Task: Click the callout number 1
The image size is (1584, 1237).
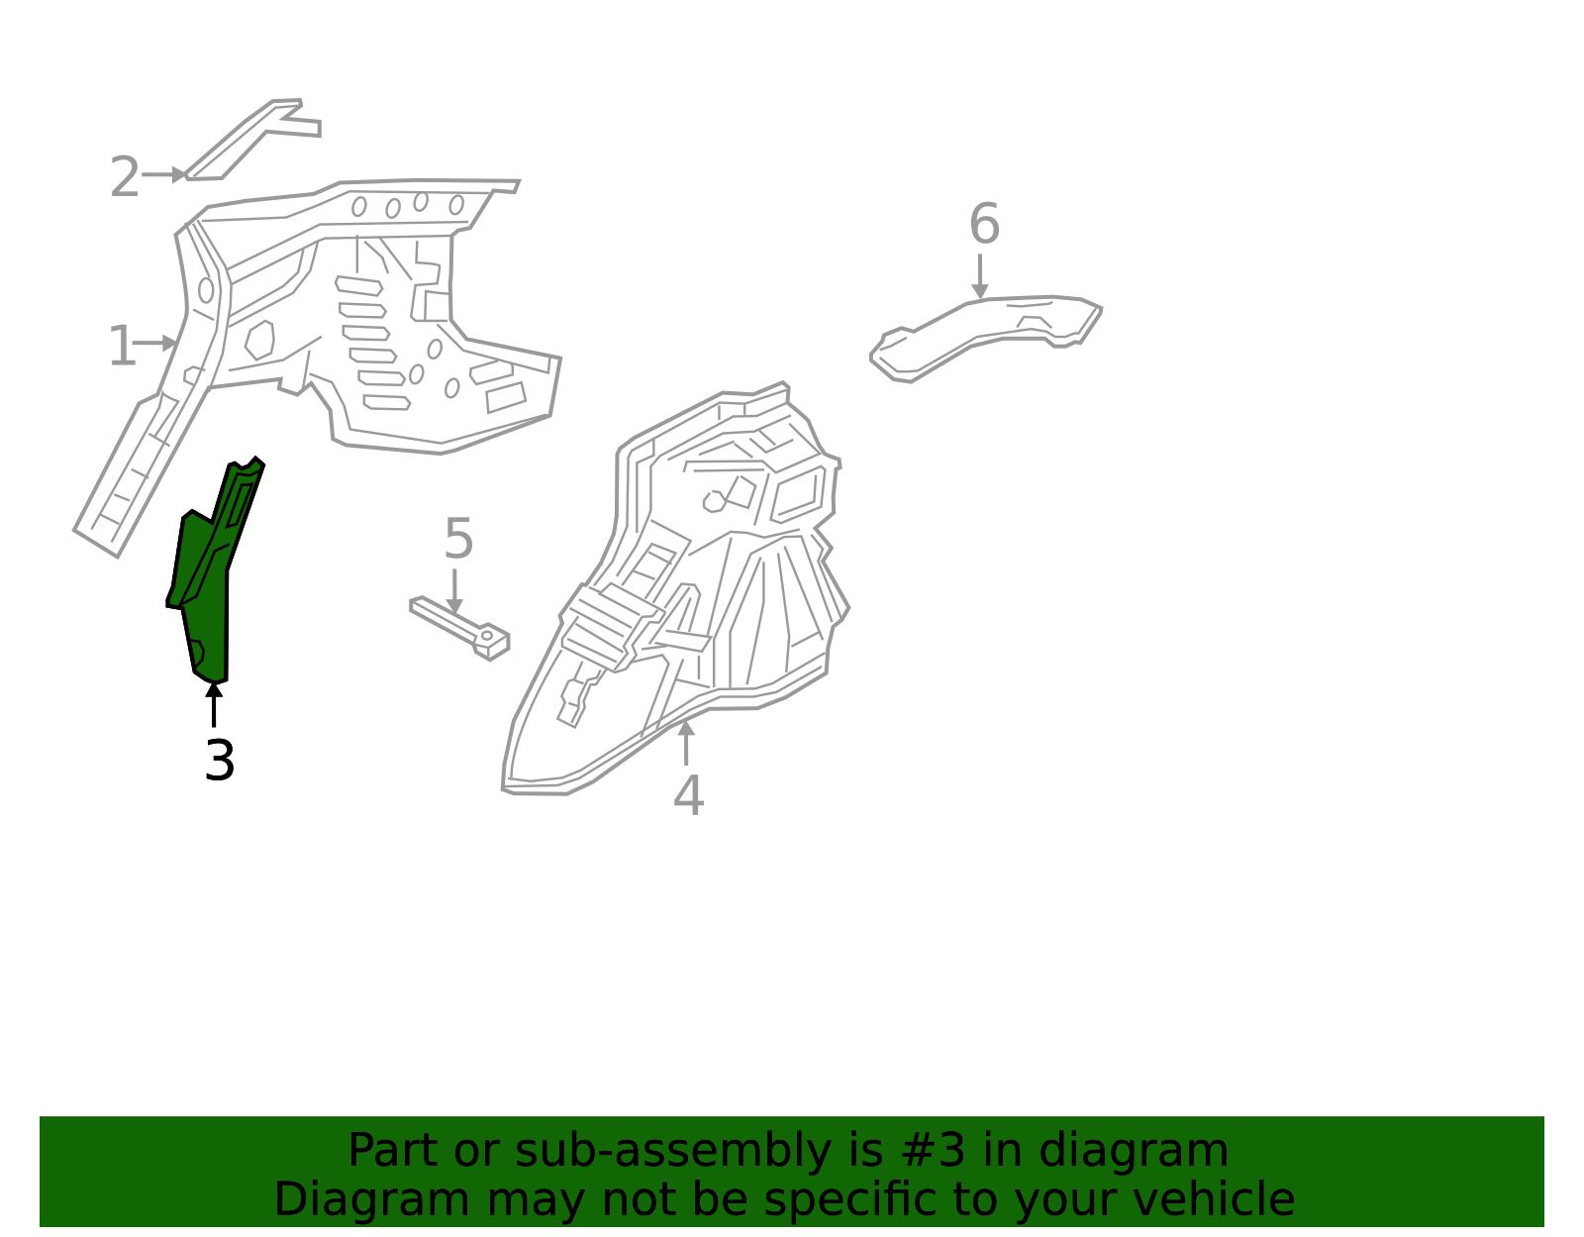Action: point(121,347)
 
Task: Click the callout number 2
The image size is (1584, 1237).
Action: point(124,177)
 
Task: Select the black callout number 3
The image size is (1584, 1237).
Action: point(219,761)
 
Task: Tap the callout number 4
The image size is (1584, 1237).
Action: point(688,795)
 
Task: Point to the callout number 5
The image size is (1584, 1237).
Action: point(458,540)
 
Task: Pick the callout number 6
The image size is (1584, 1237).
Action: point(984,225)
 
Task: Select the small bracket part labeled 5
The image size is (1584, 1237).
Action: point(460,627)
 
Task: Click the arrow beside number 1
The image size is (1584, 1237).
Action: point(156,344)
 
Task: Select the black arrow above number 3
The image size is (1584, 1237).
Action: point(214,704)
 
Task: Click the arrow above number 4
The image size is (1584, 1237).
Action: point(685,743)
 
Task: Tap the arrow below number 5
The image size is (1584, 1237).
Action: point(454,590)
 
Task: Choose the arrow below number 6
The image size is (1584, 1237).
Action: point(979,276)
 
